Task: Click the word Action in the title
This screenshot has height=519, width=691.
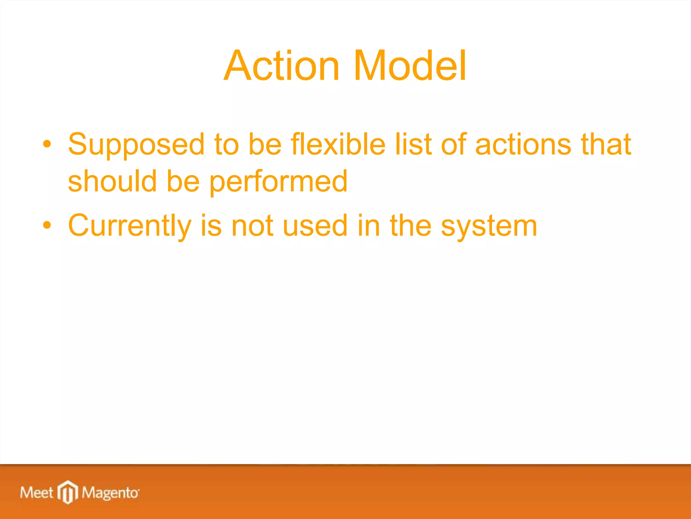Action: (x=282, y=66)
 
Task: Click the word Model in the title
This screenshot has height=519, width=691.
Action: (x=410, y=66)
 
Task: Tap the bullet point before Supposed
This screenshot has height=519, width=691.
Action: (x=47, y=144)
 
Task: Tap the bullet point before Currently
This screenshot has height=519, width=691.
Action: (x=47, y=225)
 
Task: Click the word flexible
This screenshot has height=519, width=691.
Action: (x=338, y=144)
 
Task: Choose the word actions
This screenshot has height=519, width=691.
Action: (x=523, y=144)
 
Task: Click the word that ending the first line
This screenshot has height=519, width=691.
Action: (x=606, y=144)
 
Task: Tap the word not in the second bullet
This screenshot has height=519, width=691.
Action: (x=252, y=226)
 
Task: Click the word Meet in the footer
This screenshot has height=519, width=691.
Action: (x=37, y=492)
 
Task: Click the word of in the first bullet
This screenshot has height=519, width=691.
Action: (x=453, y=144)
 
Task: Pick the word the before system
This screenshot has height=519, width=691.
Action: (x=411, y=226)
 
